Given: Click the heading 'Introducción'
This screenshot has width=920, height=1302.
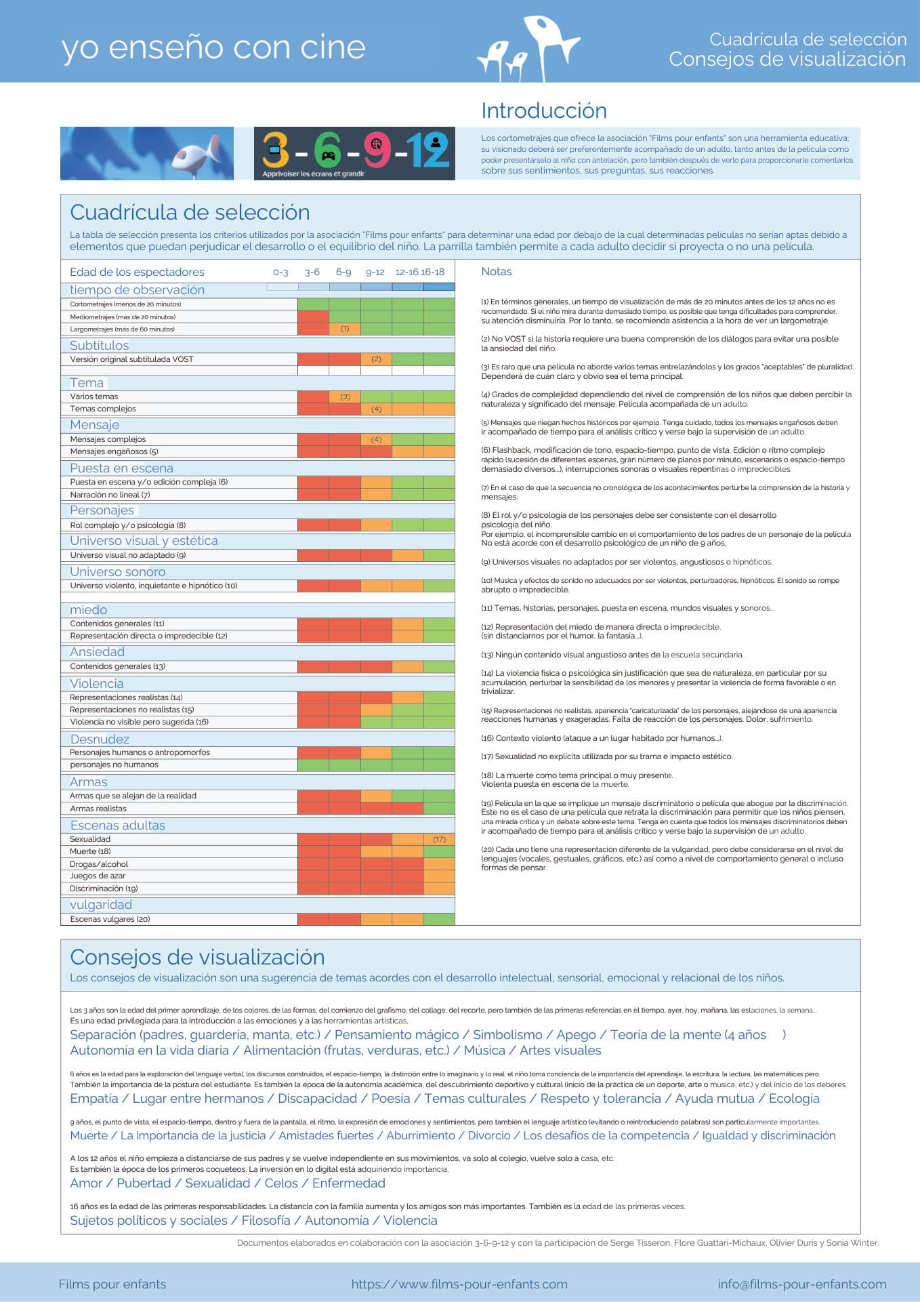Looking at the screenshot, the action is (543, 110).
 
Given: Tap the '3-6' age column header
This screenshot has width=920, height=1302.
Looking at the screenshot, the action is (312, 272).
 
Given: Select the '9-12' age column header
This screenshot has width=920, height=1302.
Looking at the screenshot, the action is (375, 272).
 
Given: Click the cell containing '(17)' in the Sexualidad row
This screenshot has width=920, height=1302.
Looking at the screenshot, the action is (439, 839).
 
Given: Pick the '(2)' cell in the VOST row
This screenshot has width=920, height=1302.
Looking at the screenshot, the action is (377, 359).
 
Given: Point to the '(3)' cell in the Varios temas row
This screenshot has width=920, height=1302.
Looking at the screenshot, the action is (345, 396).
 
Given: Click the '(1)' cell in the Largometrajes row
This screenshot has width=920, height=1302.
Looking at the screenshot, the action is (345, 329).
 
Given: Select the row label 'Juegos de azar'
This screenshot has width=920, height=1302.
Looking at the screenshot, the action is (98, 876).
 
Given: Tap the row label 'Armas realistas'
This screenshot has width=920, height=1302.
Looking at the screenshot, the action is (98, 809).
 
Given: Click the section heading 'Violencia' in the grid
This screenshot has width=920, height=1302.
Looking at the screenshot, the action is (97, 683).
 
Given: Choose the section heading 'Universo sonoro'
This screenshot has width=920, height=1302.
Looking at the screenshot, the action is (118, 571).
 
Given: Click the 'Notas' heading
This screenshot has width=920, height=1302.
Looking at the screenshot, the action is (497, 271).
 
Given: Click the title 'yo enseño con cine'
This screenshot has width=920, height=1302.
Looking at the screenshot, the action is (213, 47).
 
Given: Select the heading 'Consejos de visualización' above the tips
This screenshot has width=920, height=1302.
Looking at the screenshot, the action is (198, 957).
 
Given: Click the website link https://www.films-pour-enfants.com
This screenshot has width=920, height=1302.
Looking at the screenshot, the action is (459, 1284).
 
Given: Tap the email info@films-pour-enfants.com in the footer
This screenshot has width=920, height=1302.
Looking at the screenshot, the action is (802, 1284).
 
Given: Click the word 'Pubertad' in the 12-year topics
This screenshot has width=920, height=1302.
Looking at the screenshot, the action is (144, 1183).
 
